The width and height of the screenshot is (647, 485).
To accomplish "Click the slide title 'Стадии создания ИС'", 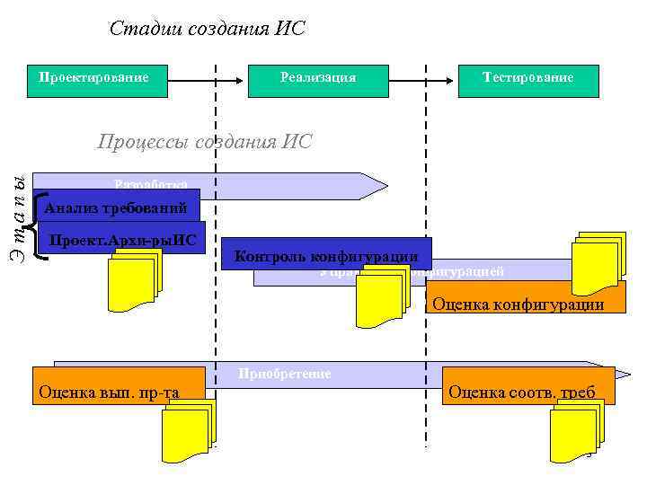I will (208, 29).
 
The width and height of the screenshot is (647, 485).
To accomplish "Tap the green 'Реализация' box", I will (318, 79).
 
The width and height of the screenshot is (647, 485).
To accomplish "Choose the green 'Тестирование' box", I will (527, 79).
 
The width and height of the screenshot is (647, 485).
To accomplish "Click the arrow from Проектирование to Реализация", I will (208, 79).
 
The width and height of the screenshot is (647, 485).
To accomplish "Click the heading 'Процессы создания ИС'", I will (204, 141).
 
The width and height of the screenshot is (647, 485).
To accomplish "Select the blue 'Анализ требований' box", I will (116, 208).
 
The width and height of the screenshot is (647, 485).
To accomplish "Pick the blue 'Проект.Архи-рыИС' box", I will (122, 239).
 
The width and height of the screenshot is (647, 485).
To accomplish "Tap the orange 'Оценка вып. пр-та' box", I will (118, 391).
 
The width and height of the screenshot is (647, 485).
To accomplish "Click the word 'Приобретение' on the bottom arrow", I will (285, 374).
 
